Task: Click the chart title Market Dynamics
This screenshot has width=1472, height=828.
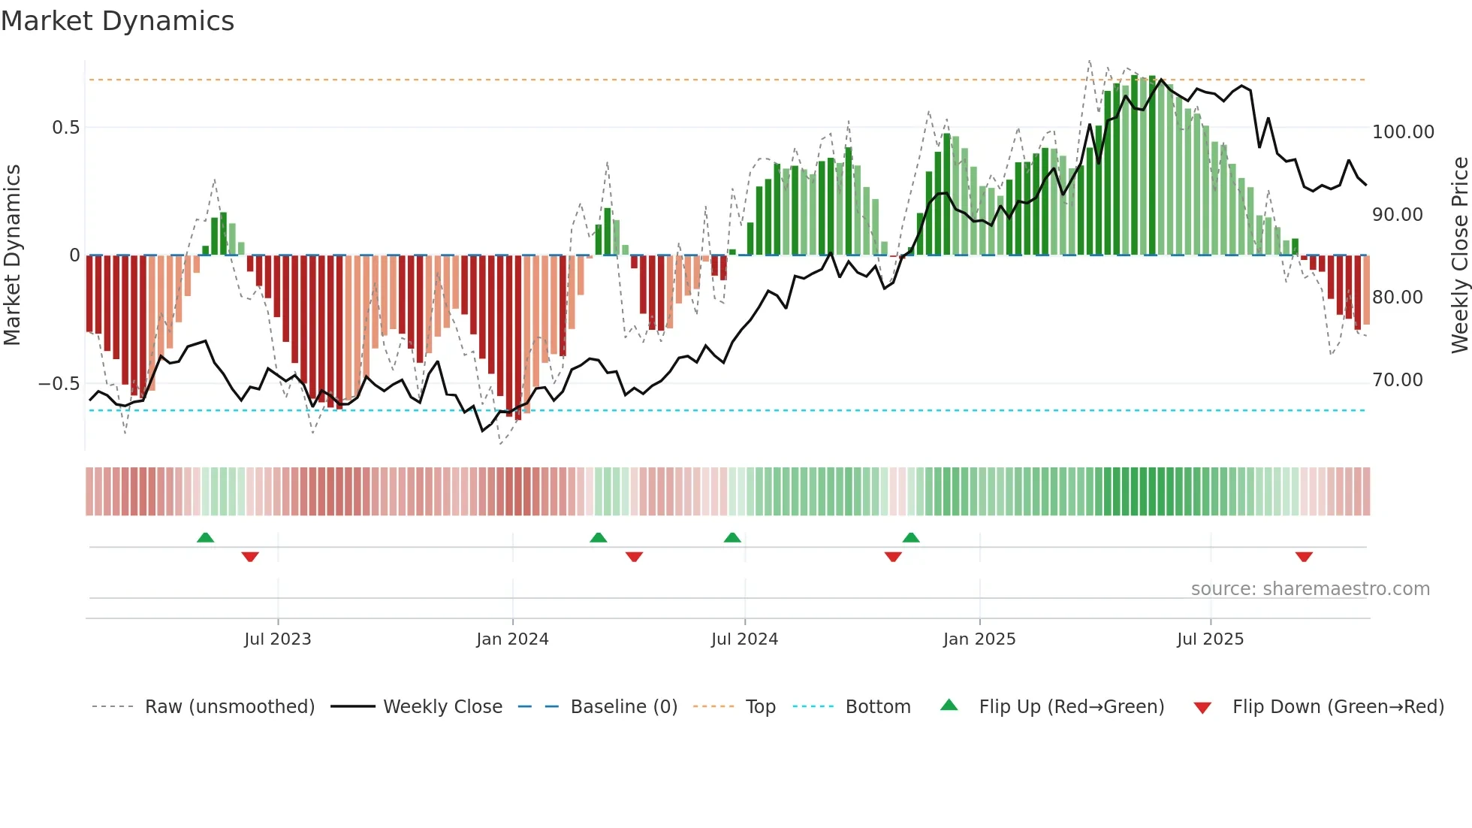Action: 117,21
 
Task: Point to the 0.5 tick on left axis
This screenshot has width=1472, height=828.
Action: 66,128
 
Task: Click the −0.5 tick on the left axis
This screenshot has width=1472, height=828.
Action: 59,384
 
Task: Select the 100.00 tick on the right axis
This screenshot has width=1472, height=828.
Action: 1403,132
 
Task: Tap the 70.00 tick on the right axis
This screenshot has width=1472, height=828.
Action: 1398,380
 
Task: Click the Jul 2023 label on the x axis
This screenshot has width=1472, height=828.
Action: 277,639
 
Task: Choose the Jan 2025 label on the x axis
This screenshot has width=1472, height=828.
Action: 979,639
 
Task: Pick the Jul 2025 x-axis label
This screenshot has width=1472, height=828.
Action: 1210,639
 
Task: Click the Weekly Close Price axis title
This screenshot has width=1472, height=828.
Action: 1459,255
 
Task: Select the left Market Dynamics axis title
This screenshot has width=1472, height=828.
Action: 12,255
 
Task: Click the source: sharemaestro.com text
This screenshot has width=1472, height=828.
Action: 1310,589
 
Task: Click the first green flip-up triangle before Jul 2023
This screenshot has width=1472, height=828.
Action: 205,537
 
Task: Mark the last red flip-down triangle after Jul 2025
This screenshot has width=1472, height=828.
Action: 1304,557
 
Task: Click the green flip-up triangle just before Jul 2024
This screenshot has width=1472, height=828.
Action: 732,537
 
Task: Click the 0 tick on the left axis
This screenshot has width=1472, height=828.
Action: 74,255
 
